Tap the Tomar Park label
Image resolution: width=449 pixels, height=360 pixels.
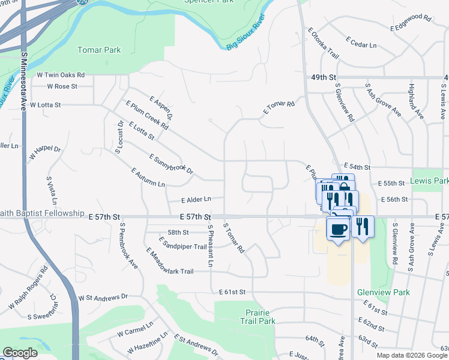pos(99,50)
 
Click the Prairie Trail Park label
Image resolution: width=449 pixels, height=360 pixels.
pos(261,317)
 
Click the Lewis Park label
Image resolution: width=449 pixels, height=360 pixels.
pos(430,181)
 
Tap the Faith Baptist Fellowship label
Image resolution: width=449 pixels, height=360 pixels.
pos(41,213)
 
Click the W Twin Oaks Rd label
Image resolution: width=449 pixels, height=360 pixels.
pos(61,76)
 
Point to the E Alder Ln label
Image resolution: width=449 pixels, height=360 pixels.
pos(196,199)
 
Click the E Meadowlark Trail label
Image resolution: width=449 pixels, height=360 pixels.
pos(169,263)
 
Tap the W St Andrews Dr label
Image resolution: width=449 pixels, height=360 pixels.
pos(103,296)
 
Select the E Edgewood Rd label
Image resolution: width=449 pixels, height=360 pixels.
pos(411,23)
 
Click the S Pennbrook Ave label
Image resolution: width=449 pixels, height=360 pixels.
pos(128,246)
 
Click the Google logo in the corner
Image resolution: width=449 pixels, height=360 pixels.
pos(20,353)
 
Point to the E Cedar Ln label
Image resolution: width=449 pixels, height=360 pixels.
pos(361,41)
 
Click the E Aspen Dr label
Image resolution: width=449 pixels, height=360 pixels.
pos(161,107)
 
